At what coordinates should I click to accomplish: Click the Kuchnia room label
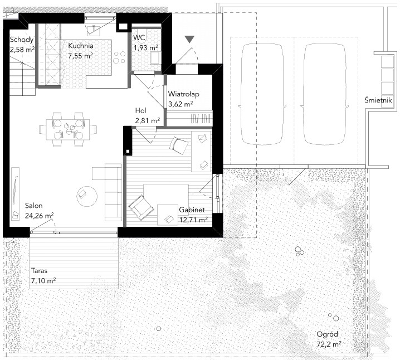point(81,46)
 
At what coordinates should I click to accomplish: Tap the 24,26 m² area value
point(40,216)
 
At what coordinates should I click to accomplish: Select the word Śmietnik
point(378,100)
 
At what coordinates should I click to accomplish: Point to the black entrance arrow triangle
point(189,40)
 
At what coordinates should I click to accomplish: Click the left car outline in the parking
point(261,94)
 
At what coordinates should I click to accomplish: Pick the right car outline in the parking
point(324,94)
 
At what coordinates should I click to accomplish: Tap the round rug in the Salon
point(87,197)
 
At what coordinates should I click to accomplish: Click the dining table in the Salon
point(68,130)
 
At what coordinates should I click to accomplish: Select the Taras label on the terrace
point(40,270)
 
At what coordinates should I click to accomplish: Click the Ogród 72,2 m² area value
point(329,344)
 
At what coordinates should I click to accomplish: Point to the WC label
point(139,38)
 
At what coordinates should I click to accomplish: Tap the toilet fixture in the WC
point(155,58)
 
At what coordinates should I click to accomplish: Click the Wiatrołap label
point(183,94)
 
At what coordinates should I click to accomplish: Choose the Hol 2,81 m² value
point(148,120)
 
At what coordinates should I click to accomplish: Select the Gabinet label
point(192,210)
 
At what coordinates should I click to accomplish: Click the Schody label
point(22,40)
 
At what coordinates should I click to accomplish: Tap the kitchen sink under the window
point(94,30)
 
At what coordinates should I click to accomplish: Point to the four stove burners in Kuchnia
point(119,57)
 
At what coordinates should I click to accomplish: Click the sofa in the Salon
point(113,192)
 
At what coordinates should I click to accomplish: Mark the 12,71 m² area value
point(193,220)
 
